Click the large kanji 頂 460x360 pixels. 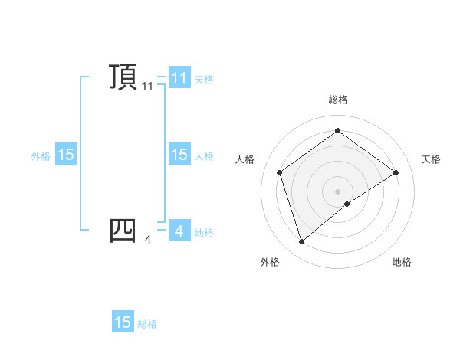tap(123, 77)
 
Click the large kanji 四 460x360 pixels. tap(123, 229)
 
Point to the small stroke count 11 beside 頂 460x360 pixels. tap(148, 87)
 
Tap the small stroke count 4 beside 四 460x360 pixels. tap(148, 240)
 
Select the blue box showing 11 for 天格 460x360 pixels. tap(179, 77)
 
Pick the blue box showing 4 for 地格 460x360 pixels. tap(179, 231)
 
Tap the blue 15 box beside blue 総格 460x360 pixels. tap(123, 322)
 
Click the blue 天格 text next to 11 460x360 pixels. tap(204, 79)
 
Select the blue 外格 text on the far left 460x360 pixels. tap(41, 155)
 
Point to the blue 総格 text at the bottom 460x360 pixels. tap(147, 324)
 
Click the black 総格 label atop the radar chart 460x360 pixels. tap(337, 100)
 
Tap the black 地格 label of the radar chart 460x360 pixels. tap(402, 262)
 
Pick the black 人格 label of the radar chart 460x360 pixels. tap(245, 159)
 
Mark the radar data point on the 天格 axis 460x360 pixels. tap(396, 172)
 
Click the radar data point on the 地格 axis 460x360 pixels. tap(347, 204)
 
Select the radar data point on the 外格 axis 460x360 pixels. tap(301, 242)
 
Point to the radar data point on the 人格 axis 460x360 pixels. tap(279, 172)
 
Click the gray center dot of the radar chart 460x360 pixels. tap(337, 191)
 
